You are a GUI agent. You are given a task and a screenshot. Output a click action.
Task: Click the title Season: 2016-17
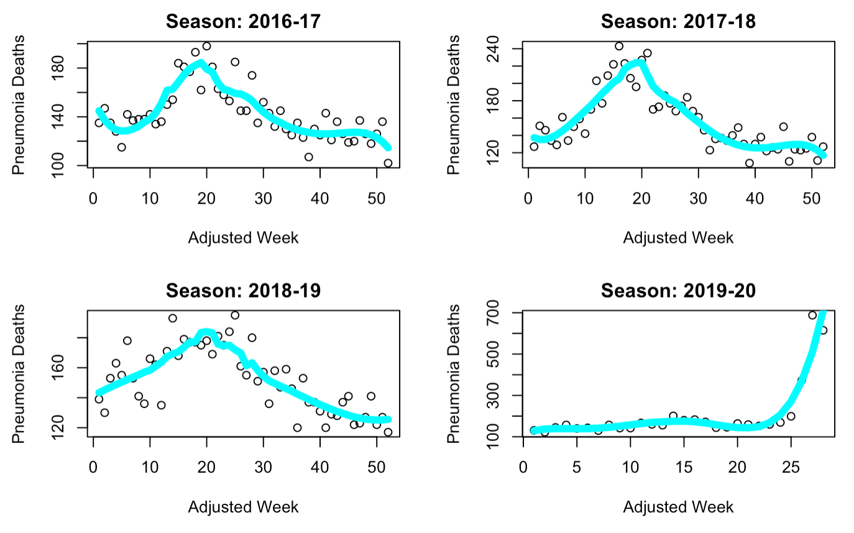pos(243,22)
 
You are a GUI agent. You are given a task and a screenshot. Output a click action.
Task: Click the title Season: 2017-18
pos(678,22)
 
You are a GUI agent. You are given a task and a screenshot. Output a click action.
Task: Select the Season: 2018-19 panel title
pos(243,290)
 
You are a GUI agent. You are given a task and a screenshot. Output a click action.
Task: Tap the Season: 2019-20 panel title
pos(678,290)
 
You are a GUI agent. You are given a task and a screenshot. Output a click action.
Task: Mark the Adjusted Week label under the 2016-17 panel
pos(243,238)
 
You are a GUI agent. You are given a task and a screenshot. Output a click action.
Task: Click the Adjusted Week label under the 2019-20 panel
pos(678,507)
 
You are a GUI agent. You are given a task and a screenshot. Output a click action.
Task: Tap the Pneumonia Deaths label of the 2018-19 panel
pos(19,374)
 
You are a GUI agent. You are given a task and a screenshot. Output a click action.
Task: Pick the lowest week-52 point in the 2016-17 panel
pos(388,163)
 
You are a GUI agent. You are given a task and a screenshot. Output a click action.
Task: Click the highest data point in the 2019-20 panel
pos(812,315)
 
